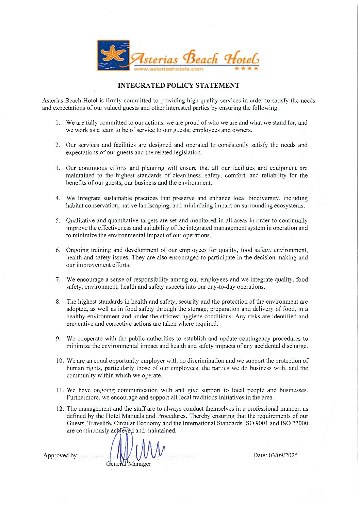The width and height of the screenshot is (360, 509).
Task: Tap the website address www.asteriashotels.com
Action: pyautogui.click(x=168, y=69)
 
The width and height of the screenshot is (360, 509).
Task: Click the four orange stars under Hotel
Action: pyautogui.click(x=247, y=68)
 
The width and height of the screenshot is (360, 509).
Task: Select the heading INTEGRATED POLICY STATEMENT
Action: pyautogui.click(x=178, y=86)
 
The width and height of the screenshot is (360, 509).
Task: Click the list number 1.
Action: pyautogui.click(x=58, y=123)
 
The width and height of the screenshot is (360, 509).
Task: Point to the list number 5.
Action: pyautogui.click(x=58, y=221)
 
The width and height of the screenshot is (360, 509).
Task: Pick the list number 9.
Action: pyautogui.click(x=58, y=339)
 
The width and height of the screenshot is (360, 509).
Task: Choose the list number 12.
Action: pyautogui.click(x=60, y=409)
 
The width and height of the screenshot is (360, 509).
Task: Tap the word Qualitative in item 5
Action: pyautogui.click(x=80, y=221)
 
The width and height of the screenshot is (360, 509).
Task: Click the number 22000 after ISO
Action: pyautogui.click(x=300, y=423)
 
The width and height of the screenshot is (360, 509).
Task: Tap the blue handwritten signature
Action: pyautogui.click(x=136, y=451)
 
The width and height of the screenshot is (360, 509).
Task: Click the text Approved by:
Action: pyautogui.click(x=61, y=456)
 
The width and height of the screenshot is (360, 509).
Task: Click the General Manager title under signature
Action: pyautogui.click(x=129, y=464)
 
